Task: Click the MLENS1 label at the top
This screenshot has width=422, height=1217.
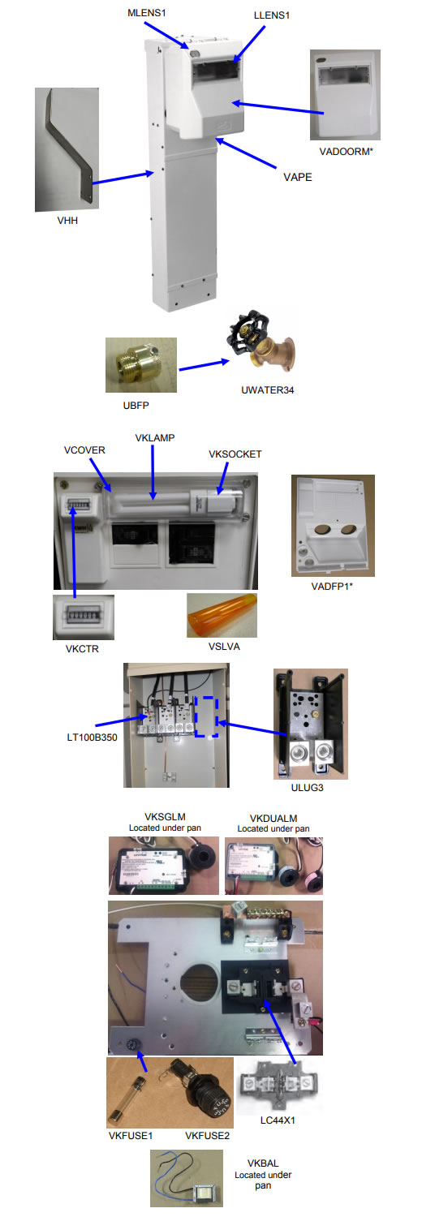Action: [146, 12]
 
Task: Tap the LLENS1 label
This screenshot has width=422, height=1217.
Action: [272, 15]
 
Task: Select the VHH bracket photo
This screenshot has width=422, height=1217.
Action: [67, 149]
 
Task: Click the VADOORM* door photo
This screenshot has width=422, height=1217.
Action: [345, 95]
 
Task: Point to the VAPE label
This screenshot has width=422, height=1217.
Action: [298, 177]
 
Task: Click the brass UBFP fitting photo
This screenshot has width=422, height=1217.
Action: [140, 364]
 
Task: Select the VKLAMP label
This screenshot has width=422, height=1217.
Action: [155, 437]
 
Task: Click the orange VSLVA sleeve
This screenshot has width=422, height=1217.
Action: [222, 615]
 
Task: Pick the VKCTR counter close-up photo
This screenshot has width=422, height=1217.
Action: [83, 617]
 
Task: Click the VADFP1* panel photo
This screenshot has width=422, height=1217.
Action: [333, 526]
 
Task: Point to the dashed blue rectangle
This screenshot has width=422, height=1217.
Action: [207, 716]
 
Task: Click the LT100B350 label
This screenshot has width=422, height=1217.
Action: [92, 738]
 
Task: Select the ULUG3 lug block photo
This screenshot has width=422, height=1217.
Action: [311, 724]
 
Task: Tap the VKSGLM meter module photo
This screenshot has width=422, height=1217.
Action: [163, 866]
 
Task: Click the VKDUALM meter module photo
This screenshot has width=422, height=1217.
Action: [273, 866]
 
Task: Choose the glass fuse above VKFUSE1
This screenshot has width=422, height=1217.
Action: [127, 1099]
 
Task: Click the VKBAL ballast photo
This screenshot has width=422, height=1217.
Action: [187, 1178]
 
